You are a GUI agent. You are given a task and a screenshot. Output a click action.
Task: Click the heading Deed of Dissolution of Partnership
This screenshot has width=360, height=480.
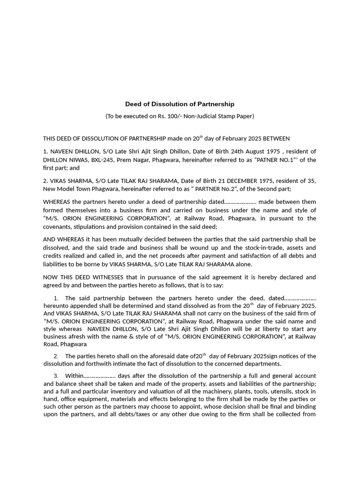pyautogui.click(x=180, y=104)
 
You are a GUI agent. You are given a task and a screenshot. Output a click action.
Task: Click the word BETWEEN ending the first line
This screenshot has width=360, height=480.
pyautogui.click(x=276, y=139)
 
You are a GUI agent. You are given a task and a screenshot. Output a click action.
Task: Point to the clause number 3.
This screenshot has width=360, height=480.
pyautogui.click(x=56, y=376)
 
